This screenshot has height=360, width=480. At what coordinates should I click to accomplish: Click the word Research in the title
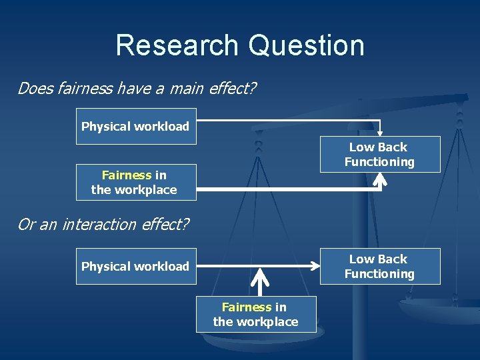[177, 45]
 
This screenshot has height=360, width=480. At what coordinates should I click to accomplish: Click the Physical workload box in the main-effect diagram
[136, 126]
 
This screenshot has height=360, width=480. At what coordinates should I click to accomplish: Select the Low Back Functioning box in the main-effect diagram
[379, 155]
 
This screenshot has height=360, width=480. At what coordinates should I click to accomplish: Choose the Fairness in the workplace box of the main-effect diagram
[136, 182]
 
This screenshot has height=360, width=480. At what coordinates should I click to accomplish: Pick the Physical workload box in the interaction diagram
[136, 266]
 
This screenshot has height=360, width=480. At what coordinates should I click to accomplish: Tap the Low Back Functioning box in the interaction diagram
[379, 266]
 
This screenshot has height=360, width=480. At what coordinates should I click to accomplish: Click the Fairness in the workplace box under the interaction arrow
[255, 314]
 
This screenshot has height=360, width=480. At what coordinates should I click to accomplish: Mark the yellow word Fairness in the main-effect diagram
[127, 175]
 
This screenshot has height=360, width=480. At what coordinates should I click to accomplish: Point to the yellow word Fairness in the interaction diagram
[247, 307]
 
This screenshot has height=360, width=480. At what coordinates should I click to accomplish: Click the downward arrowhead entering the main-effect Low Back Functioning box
[380, 132]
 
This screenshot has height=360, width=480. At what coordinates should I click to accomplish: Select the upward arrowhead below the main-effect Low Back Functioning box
[381, 178]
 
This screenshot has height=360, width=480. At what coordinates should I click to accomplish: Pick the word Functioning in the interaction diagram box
[379, 273]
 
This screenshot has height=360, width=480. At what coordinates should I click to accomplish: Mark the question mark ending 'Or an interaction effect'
[185, 224]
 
